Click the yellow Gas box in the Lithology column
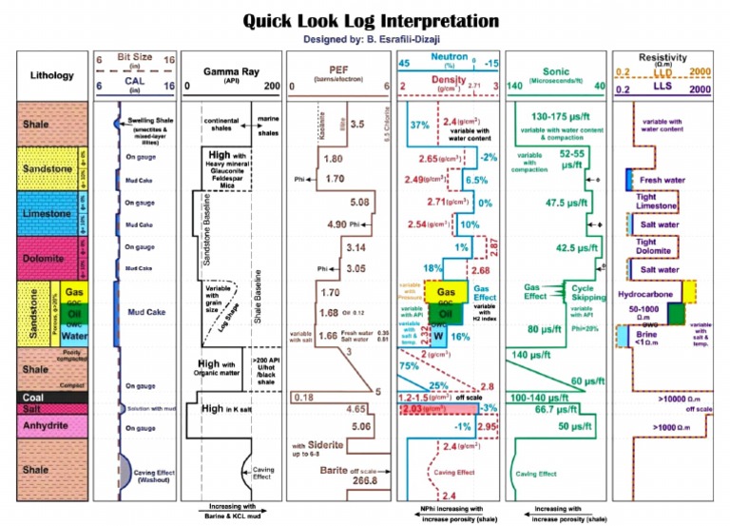pos(73,290)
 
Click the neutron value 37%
pos(419,125)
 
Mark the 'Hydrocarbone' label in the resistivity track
pos(662,297)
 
